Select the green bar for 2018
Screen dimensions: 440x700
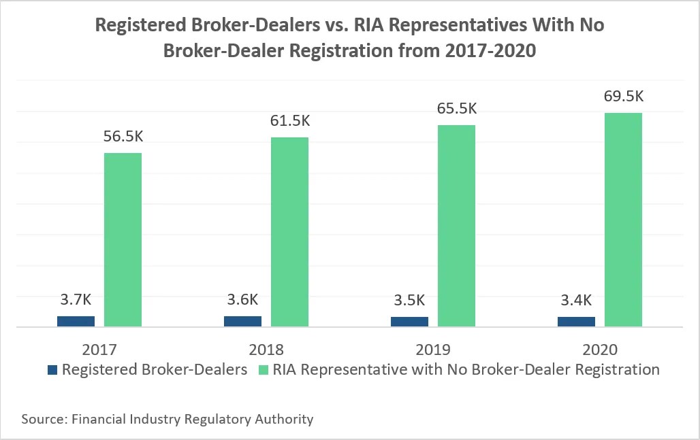tap(289, 232)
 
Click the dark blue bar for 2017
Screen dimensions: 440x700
tap(76, 321)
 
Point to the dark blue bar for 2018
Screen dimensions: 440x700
tap(242, 322)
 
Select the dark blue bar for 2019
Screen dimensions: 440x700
tap(409, 322)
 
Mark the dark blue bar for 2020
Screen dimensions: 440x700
tap(576, 322)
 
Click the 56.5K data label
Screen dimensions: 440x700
tap(123, 136)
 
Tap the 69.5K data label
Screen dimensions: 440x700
tap(623, 96)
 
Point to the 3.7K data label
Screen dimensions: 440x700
tap(76, 300)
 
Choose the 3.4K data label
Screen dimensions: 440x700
tap(576, 300)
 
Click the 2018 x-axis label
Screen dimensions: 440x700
tap(266, 350)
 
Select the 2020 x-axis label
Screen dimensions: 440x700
tap(599, 350)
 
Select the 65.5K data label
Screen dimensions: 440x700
tap(456, 109)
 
